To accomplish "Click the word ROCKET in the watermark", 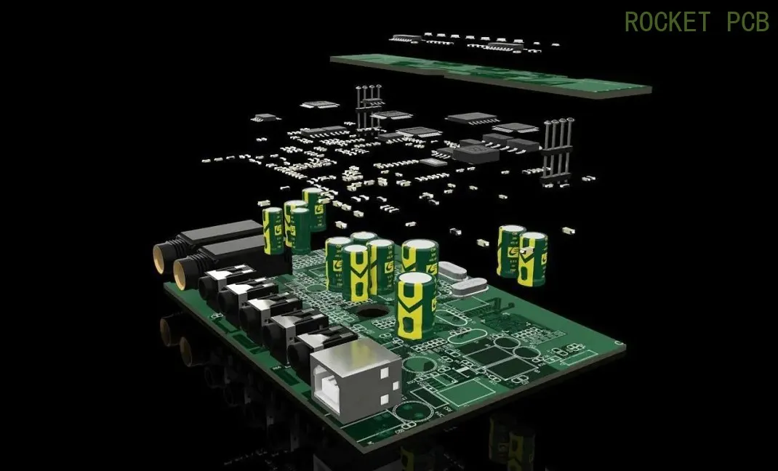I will point(666,22).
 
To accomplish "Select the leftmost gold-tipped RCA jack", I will point(159,259).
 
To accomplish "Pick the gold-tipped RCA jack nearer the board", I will point(182,273).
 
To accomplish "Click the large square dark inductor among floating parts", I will point(476,153).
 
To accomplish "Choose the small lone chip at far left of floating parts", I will point(266,117).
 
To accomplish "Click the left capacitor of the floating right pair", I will point(510,249).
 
